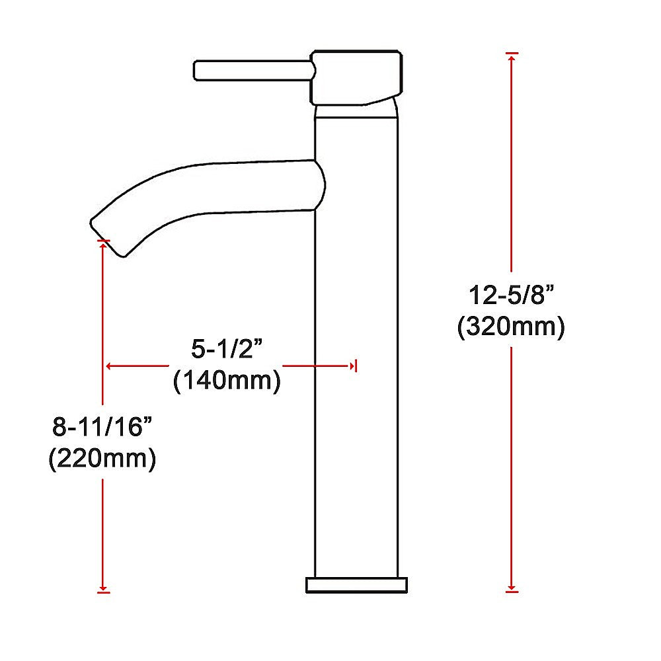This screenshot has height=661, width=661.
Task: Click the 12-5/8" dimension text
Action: pyautogui.click(x=510, y=295)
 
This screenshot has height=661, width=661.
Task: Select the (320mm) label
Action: pyautogui.click(x=510, y=327)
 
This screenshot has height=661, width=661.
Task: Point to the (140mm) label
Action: pyautogui.click(x=226, y=381)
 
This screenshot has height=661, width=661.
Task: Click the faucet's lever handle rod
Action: pyautogui.click(x=251, y=70)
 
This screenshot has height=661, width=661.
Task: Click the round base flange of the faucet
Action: pyautogui.click(x=356, y=584)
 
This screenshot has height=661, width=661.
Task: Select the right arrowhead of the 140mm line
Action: pyautogui.click(x=351, y=366)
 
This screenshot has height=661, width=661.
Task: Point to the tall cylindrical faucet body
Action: pyautogui.click(x=356, y=397)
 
